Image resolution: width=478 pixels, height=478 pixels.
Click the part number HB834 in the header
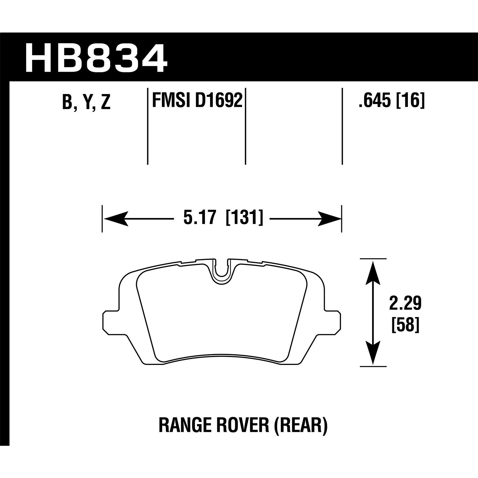[96, 59]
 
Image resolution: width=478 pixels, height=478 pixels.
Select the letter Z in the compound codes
[105, 102]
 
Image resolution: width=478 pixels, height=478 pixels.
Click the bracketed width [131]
[244, 218]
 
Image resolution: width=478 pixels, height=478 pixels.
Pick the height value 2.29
[405, 303]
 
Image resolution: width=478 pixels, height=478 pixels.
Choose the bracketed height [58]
[405, 325]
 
